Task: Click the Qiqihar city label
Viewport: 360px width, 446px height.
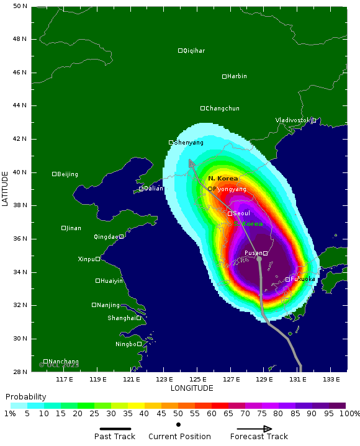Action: point(194,51)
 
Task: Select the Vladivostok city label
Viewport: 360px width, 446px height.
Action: point(292,120)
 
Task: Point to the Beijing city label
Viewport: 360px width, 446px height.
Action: point(67,174)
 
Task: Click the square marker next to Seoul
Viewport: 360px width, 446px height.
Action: point(230,213)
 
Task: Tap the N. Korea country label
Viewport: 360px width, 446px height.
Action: point(223,179)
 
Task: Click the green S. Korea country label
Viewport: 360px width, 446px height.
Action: point(248,224)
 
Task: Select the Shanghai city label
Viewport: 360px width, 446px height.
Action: point(122,318)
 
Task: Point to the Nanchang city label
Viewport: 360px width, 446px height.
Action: point(64,362)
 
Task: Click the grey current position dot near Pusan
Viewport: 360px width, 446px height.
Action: point(259,258)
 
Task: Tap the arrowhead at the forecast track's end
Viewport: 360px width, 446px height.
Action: point(192,163)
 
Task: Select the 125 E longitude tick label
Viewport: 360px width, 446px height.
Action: point(198,379)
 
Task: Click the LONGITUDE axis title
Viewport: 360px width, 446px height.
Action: point(192,388)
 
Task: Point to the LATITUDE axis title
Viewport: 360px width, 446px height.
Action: point(5,189)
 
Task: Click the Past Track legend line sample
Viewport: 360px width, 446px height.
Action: point(115,429)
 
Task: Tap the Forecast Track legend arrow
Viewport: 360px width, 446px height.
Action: point(254,429)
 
